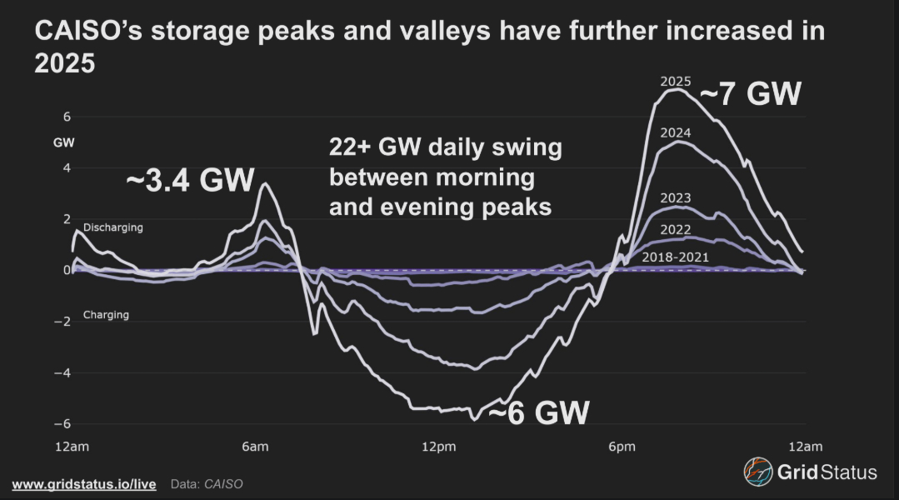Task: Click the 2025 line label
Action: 676,82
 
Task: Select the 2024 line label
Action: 676,132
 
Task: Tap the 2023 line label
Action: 676,198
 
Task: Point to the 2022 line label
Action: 676,229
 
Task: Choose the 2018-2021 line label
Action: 675,257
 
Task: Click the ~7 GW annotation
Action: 750,94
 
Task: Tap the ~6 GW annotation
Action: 538,412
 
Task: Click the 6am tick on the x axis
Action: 255,447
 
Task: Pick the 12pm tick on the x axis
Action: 438,447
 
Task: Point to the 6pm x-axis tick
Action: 622,447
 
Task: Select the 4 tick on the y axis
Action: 67,167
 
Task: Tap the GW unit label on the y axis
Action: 64,142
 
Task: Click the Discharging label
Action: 113,227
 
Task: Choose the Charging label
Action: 106,315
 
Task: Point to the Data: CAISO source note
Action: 207,483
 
